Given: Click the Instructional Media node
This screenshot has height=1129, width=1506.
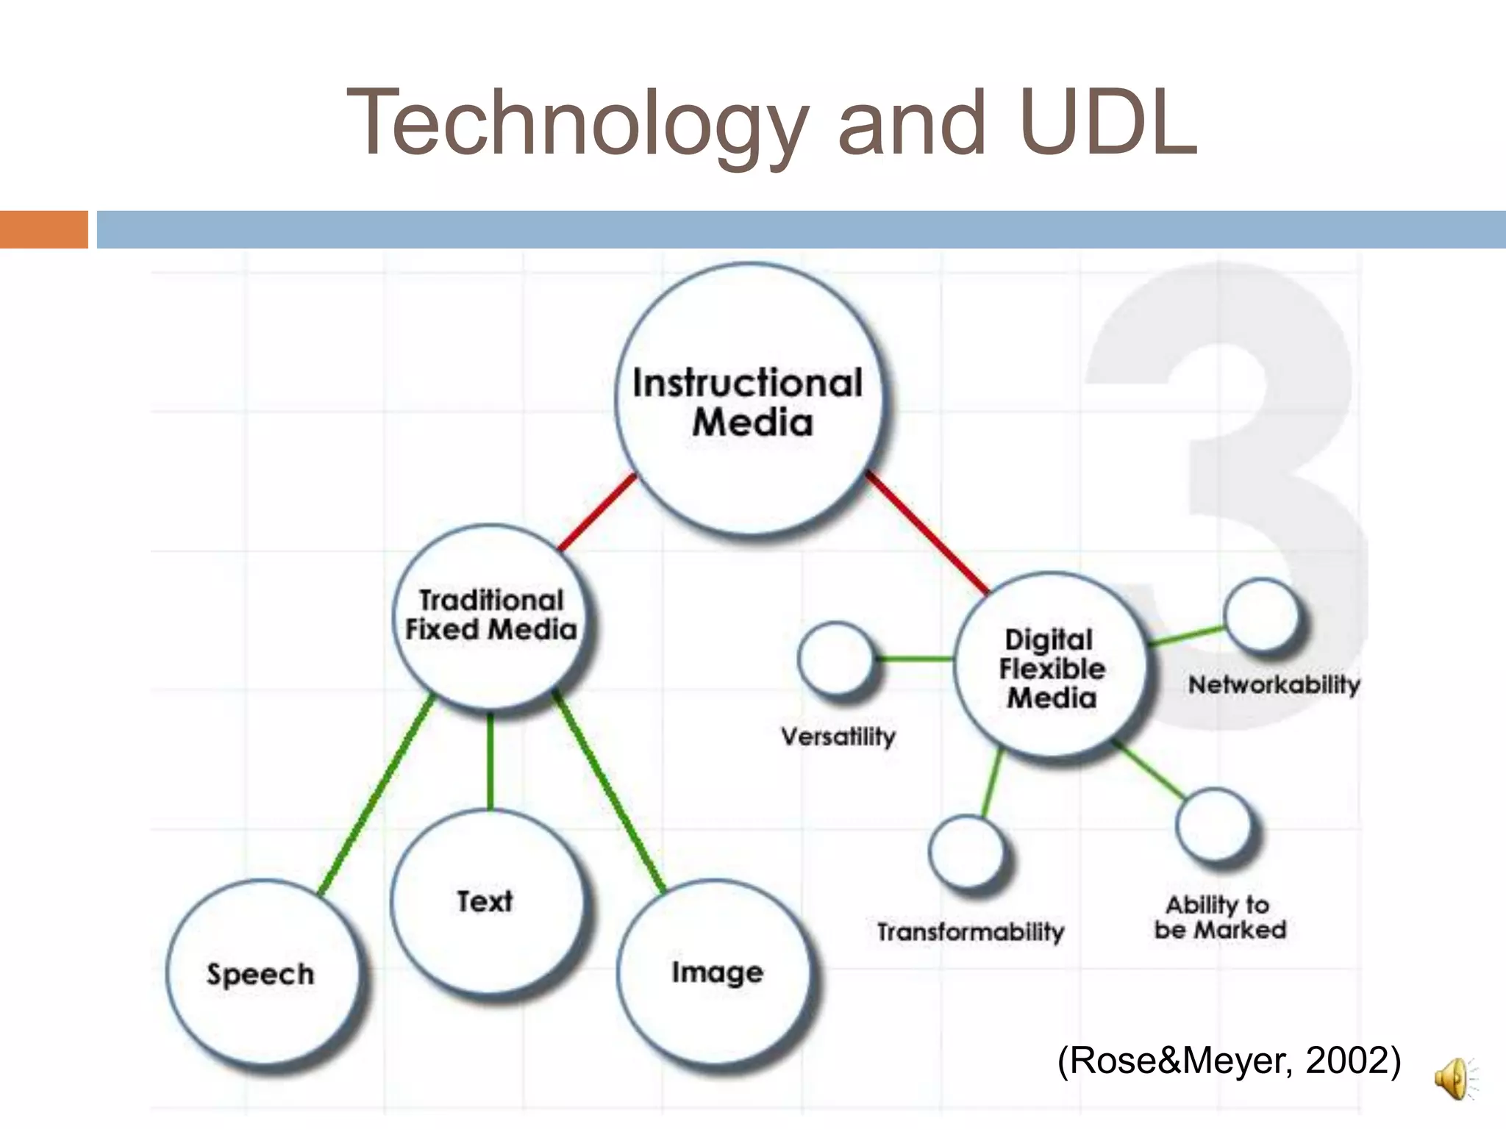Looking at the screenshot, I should pyautogui.click(x=749, y=401).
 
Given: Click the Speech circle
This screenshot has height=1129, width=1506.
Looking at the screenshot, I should pyautogui.click(x=261, y=974).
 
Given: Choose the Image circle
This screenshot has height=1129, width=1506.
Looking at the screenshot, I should pyautogui.click(x=717, y=972).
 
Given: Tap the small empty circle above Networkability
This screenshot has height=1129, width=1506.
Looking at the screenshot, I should pyautogui.click(x=1260, y=614).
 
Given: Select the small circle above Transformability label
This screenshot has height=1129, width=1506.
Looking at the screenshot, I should pyautogui.click(x=966, y=850).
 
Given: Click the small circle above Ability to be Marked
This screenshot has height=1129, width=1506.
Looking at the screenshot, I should pyautogui.click(x=1213, y=823).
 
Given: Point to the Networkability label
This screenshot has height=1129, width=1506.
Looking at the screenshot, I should pyautogui.click(x=1274, y=685).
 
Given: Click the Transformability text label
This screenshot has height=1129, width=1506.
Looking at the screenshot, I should pyautogui.click(x=970, y=932).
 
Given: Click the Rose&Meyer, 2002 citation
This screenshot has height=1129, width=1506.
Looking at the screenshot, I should pyautogui.click(x=1229, y=1061).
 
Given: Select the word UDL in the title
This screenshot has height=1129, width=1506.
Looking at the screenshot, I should pyautogui.click(x=1109, y=123).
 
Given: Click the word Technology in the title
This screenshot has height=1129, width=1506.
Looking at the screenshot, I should pyautogui.click(x=577, y=123).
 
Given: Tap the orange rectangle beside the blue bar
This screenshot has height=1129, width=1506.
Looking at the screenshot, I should pyautogui.click(x=43, y=229).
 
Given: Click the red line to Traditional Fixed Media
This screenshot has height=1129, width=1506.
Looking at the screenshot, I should pyautogui.click(x=597, y=512).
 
